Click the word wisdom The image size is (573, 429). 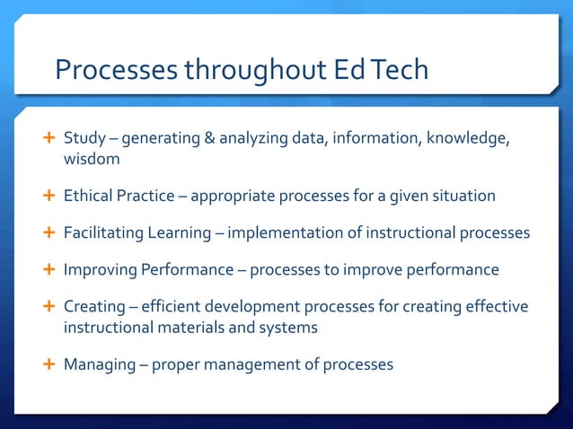tap(91, 159)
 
